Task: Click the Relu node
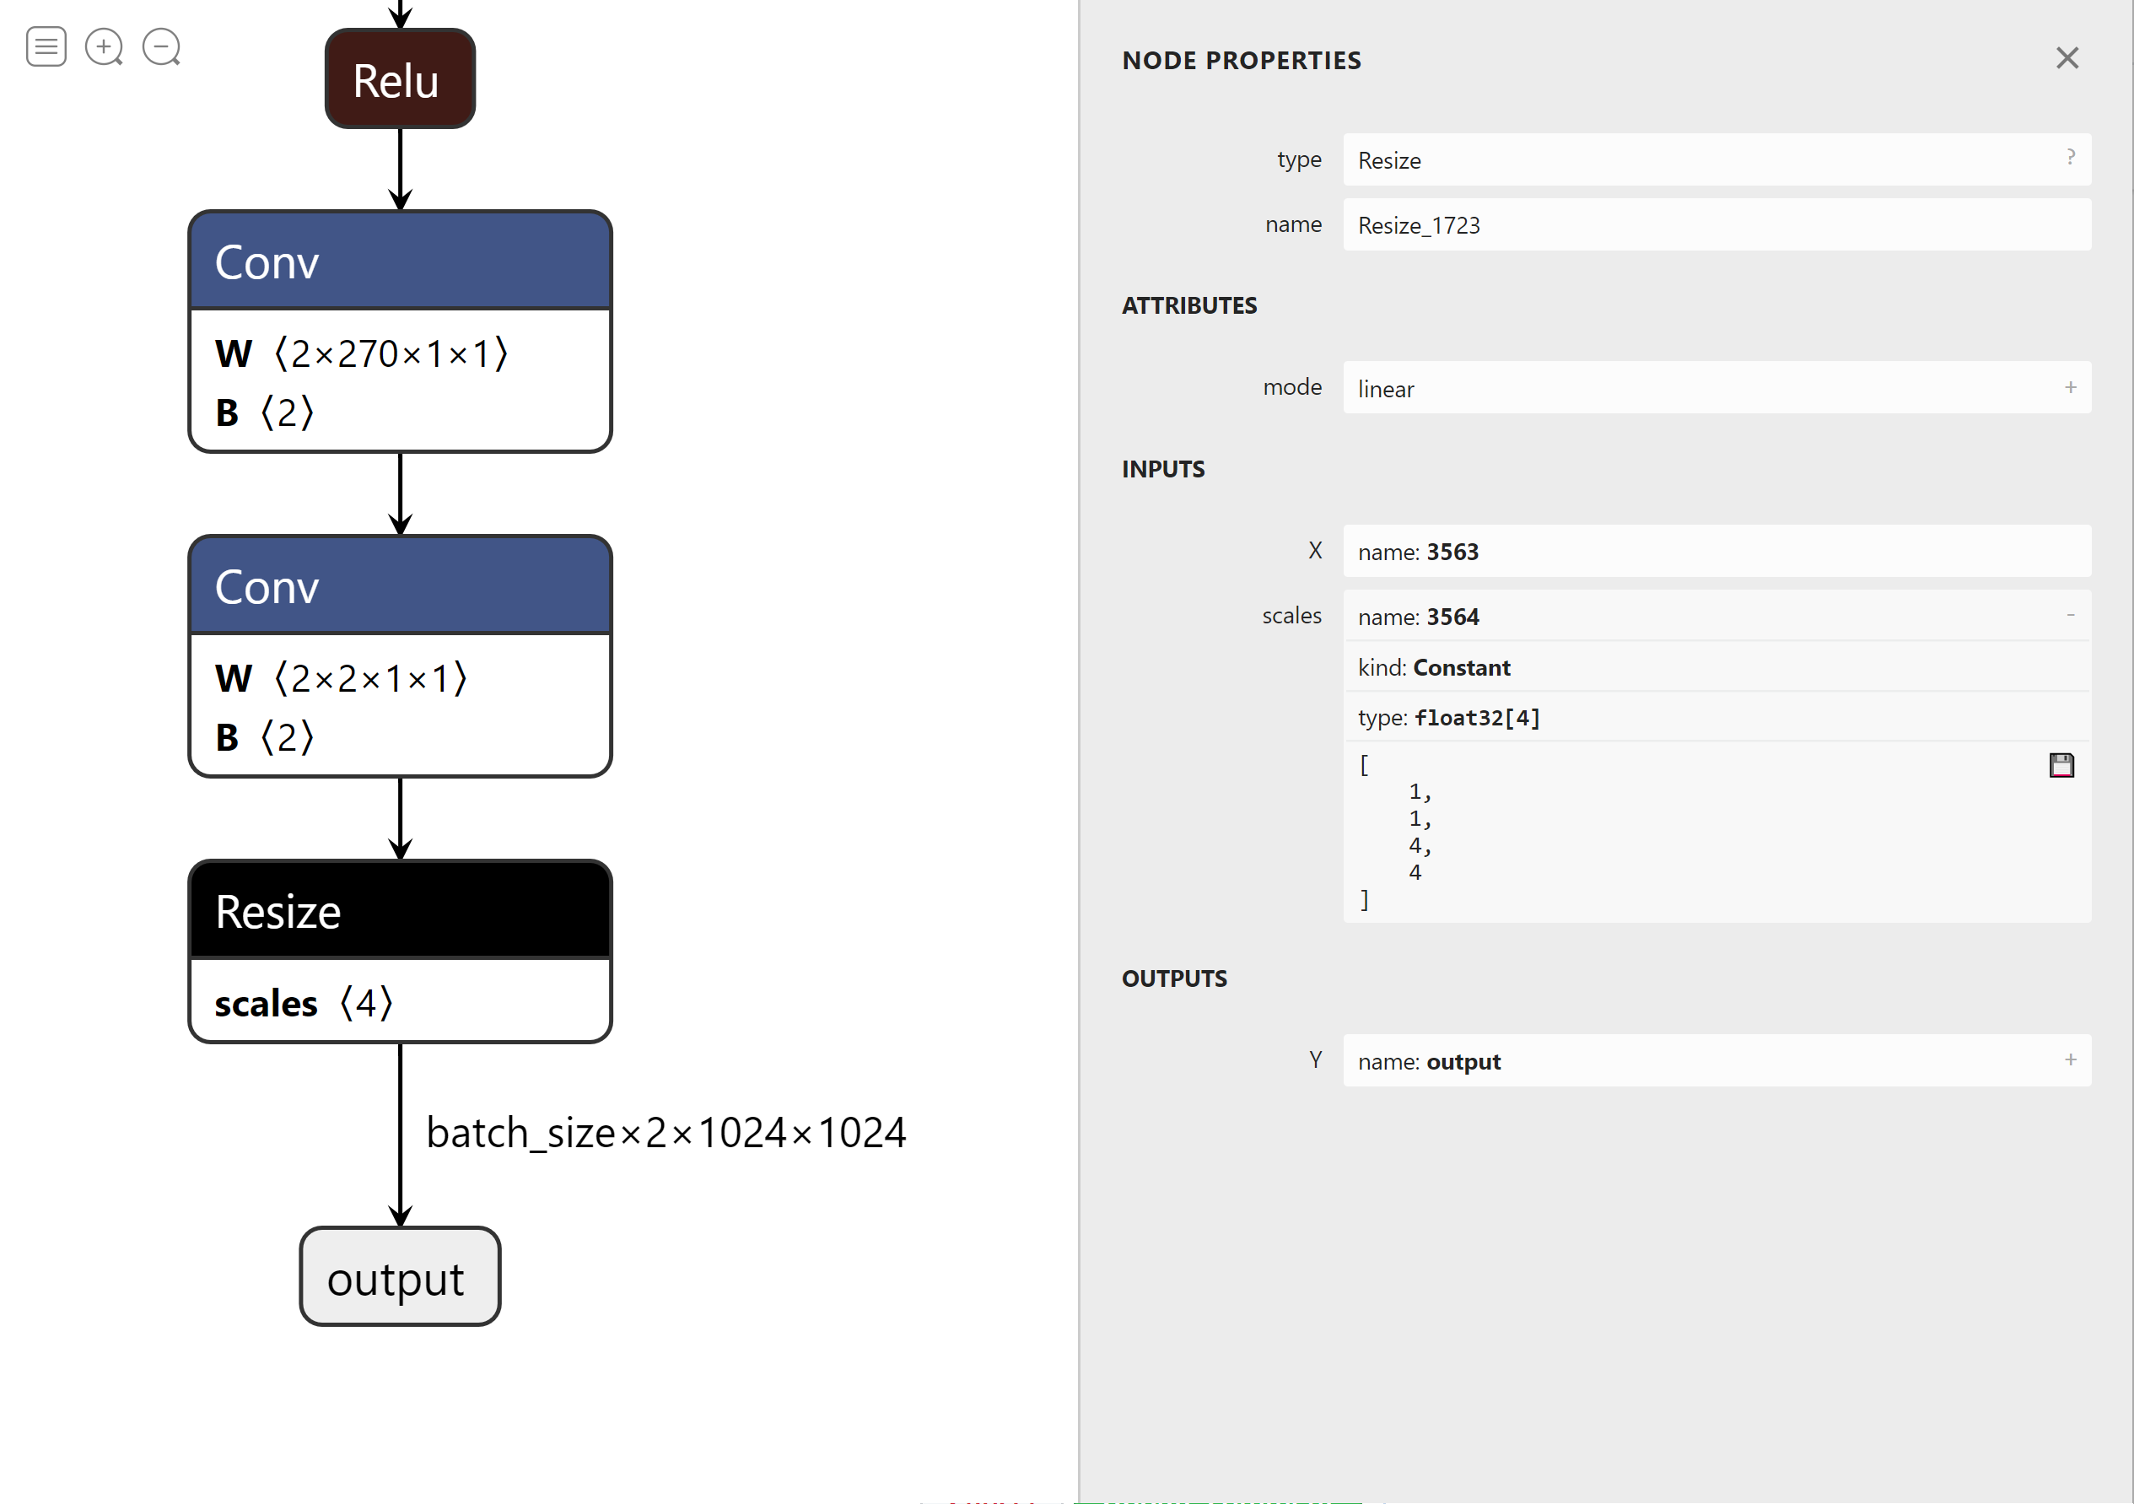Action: click(400, 79)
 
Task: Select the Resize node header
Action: click(400, 910)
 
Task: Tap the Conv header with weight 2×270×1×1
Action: click(400, 261)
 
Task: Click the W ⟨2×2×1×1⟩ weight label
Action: click(340, 678)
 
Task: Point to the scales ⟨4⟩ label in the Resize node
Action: click(303, 1003)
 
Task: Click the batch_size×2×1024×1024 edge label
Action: click(666, 1132)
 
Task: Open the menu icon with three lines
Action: click(46, 46)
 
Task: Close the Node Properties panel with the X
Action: click(2067, 58)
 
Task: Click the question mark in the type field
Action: click(2070, 157)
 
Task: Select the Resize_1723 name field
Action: click(1716, 225)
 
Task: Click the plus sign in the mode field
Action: click(2070, 388)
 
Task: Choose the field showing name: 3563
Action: click(1716, 551)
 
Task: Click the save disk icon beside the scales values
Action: click(2061, 765)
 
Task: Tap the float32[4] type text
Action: click(1476, 718)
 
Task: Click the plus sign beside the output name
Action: click(2070, 1059)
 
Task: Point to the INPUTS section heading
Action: click(1162, 469)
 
